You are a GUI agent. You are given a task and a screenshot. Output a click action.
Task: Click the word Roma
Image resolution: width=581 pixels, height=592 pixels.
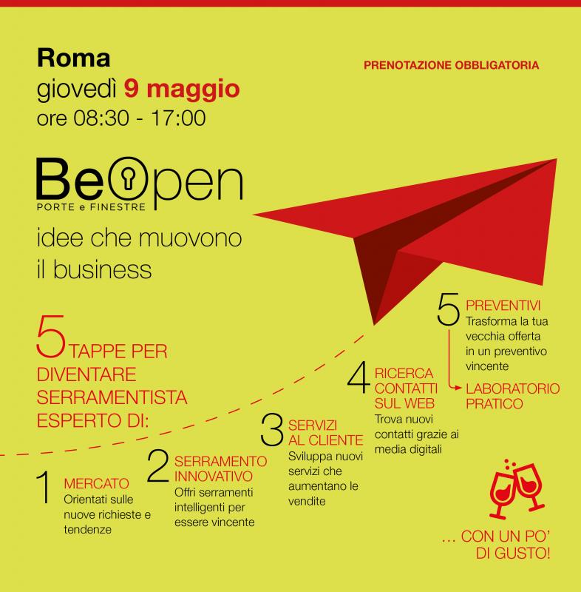tap(73, 58)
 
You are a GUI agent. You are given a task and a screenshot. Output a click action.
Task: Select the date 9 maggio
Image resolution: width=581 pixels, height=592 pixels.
tap(182, 90)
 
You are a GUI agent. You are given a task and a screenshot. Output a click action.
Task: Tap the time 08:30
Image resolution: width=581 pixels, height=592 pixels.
tap(101, 118)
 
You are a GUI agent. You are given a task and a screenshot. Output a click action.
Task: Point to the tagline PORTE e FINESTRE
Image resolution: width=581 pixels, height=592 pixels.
tap(91, 207)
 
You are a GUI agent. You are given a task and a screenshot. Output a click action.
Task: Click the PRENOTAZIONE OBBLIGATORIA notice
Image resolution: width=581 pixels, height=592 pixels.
tap(452, 65)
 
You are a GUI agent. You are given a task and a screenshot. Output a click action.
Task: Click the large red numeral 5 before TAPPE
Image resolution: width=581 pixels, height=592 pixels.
tap(51, 336)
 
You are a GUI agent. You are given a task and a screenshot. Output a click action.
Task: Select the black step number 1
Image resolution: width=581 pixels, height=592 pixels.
tap(44, 487)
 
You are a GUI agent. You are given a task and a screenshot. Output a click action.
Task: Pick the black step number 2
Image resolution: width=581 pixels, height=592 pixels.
tap(158, 465)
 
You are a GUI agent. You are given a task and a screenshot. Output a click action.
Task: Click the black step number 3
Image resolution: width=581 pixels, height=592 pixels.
tap(272, 429)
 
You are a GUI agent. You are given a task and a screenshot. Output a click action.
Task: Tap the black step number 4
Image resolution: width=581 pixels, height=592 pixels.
tap(359, 377)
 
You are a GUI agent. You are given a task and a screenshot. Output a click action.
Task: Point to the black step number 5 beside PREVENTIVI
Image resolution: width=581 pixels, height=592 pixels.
tap(448, 309)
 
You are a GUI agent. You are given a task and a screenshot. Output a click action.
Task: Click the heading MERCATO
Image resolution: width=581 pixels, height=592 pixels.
tap(97, 484)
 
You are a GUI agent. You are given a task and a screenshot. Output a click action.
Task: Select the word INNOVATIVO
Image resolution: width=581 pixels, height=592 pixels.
tap(214, 477)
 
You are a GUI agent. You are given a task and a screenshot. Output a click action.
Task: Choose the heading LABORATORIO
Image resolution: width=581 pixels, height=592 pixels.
tap(513, 388)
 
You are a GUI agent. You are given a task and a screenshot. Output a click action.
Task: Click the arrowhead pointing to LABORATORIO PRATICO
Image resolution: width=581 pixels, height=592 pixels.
tap(458, 388)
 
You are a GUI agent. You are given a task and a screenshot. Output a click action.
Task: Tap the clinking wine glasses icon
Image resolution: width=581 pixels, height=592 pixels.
tap(517, 489)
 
